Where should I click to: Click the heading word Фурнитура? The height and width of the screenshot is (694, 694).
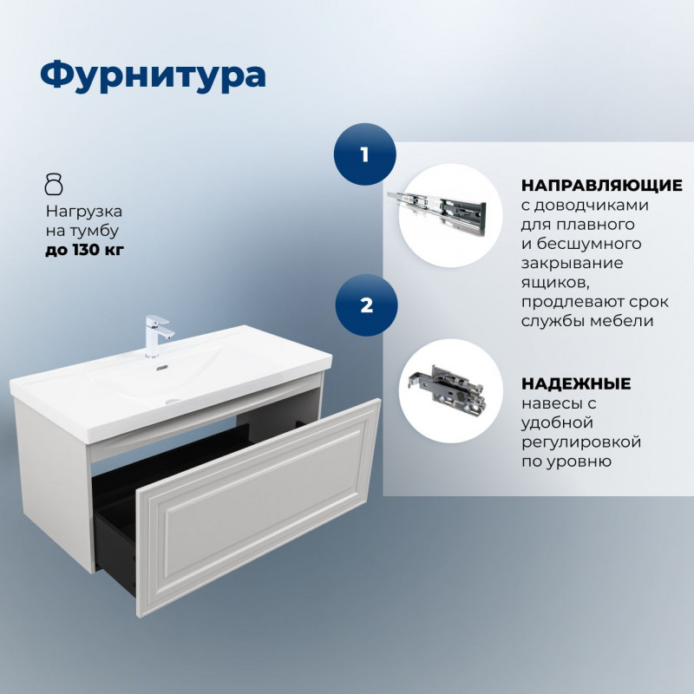(154, 76)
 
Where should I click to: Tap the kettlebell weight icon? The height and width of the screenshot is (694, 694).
(54, 185)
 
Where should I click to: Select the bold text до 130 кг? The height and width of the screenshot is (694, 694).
(84, 250)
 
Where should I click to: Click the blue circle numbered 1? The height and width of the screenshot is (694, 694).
(364, 154)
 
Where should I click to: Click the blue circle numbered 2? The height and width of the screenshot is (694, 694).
(366, 305)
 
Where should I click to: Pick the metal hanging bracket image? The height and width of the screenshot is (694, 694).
(447, 388)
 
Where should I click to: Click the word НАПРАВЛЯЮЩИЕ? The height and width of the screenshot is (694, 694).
(602, 186)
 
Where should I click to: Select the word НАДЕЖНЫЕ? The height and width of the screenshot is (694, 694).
(576, 383)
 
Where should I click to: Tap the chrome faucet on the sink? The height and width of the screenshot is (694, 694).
(157, 335)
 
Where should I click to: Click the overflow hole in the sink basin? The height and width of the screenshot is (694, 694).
(162, 367)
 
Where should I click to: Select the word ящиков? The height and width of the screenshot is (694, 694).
(554, 283)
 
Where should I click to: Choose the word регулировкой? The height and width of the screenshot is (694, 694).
(581, 442)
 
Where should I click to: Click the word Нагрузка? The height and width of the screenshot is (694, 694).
(83, 212)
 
